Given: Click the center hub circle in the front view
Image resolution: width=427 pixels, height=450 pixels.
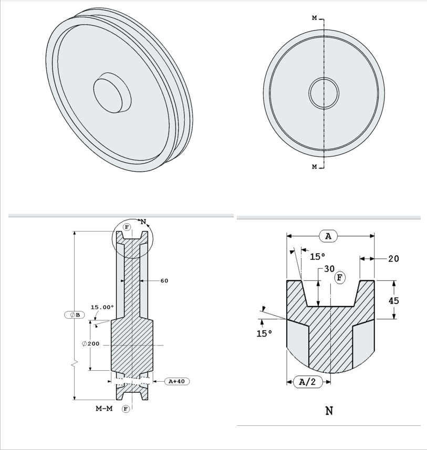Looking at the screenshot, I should click(x=324, y=93).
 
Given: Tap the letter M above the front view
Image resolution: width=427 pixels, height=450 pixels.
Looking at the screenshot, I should click(x=314, y=18).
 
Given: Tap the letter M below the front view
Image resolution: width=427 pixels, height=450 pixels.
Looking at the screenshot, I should click(x=314, y=167).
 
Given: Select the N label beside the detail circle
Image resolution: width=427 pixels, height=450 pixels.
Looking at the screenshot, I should click(x=142, y=222).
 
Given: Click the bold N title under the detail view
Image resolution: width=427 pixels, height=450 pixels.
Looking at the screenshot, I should click(x=329, y=411).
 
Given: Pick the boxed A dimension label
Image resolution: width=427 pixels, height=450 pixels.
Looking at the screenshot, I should click(x=328, y=236).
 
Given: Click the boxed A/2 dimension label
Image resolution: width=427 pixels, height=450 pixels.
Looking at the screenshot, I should click(x=307, y=382).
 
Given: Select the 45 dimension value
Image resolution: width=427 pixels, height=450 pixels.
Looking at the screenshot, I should click(x=393, y=300).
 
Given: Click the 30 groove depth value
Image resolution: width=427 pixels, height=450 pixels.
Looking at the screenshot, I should click(x=329, y=268).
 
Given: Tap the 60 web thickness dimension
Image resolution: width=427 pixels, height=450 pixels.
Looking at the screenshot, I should click(x=164, y=281).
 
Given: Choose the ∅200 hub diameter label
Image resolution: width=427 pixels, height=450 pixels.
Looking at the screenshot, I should click(x=91, y=343).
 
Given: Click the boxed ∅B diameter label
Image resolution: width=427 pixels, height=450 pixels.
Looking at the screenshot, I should click(x=75, y=315).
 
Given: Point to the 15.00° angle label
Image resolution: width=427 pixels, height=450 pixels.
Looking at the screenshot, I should click(x=102, y=307).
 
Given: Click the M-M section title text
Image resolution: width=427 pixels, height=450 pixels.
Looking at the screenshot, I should click(x=104, y=409).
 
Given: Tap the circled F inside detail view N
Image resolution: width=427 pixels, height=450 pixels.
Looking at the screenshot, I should click(x=340, y=277).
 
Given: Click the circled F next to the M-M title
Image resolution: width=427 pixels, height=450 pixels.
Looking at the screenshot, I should click(x=126, y=409).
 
